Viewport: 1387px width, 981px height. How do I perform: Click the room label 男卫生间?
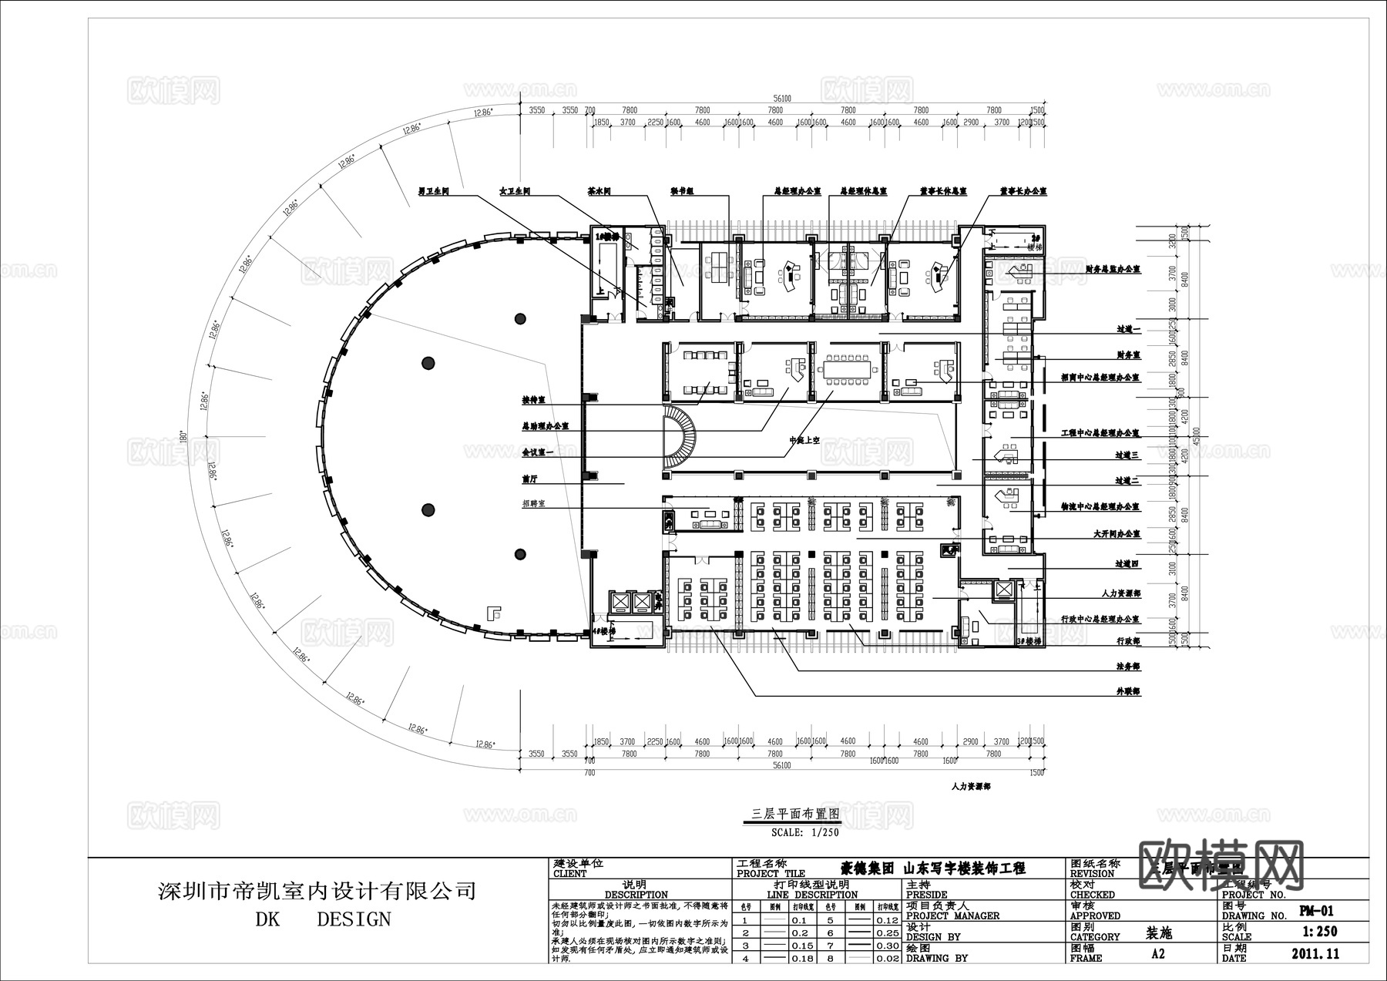[433, 190]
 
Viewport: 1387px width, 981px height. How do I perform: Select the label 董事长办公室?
[1023, 190]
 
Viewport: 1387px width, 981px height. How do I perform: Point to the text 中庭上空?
[804, 440]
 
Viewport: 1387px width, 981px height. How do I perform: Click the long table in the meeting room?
[845, 368]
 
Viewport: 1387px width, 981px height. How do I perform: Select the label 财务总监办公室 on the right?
[1112, 270]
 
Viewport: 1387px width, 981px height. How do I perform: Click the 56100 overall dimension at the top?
[781, 99]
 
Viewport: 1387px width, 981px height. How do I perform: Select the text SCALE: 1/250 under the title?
[804, 832]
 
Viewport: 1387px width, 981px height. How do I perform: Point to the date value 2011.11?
[1315, 954]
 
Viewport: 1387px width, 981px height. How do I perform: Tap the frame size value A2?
[1157, 954]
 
